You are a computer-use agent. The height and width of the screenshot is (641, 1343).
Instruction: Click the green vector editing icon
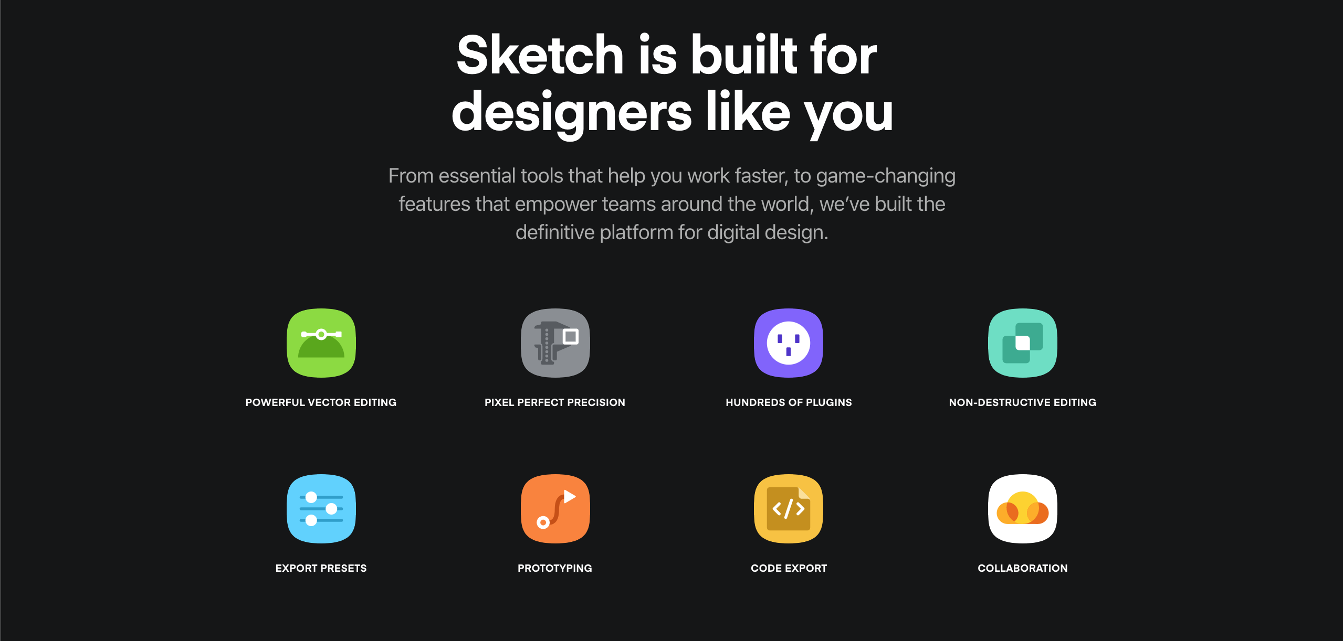(x=321, y=343)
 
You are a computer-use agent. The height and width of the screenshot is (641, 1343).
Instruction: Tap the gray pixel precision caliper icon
(x=555, y=343)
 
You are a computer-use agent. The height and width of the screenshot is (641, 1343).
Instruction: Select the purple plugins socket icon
(x=789, y=343)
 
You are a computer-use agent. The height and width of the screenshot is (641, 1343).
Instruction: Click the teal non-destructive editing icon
(x=1023, y=343)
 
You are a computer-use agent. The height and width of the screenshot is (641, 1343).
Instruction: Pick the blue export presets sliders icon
(x=321, y=509)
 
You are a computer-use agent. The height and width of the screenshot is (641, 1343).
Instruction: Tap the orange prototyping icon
(x=555, y=509)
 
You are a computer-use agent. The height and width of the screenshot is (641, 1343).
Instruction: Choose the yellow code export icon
(x=789, y=509)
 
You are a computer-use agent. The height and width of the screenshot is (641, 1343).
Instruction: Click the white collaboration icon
(x=1023, y=509)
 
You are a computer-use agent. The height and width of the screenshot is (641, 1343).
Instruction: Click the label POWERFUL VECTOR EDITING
(x=321, y=402)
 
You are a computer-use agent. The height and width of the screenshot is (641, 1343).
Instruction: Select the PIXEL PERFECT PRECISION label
(x=555, y=402)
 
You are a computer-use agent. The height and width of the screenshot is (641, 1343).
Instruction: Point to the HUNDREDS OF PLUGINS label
(x=789, y=402)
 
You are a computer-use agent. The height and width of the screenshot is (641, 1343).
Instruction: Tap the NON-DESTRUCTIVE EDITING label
(x=1023, y=402)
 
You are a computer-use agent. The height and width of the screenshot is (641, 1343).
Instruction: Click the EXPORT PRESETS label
(x=321, y=568)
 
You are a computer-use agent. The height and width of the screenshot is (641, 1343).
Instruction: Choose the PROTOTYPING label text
(x=555, y=568)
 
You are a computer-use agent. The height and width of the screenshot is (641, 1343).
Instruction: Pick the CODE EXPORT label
(x=789, y=568)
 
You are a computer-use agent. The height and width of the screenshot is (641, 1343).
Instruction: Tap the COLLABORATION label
(x=1023, y=568)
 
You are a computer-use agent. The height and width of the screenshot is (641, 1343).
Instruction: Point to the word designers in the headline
(x=572, y=113)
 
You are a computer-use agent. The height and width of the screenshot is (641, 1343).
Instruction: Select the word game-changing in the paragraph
(x=886, y=176)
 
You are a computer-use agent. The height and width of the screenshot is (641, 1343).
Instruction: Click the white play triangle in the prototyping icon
(x=569, y=496)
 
